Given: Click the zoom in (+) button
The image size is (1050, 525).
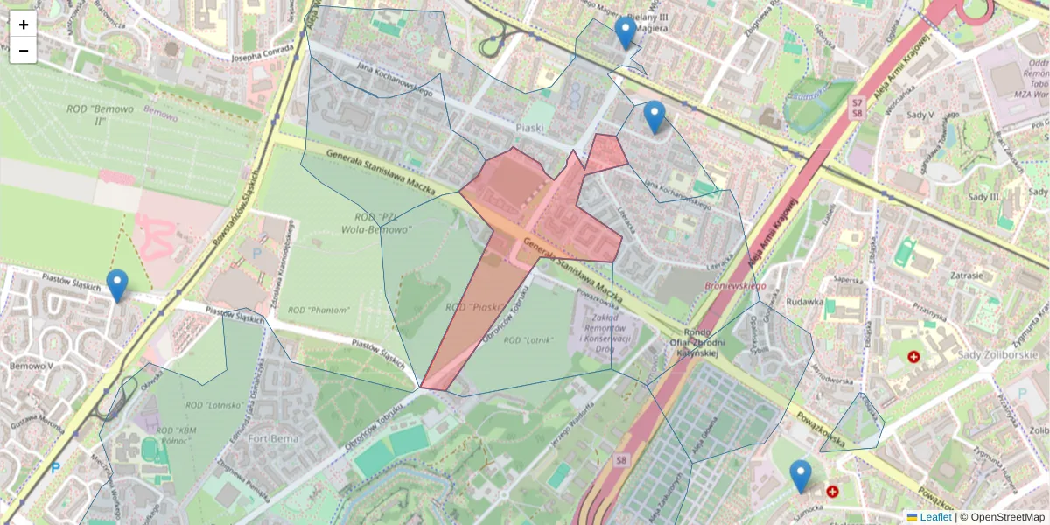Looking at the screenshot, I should coord(24,24).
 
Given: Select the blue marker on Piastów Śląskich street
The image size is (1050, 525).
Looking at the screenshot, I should coord(117,285).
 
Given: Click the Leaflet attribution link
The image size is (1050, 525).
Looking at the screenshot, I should coord(930,517).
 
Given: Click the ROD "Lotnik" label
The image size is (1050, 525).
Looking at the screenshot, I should coord(528,340).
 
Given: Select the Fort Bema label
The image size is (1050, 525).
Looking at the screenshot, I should coord(274,437).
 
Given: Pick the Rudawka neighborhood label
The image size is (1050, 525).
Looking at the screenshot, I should coord(806,302).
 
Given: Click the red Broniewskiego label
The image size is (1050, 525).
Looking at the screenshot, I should coord(736,286).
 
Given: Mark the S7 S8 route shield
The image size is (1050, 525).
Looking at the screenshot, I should coord(857,107).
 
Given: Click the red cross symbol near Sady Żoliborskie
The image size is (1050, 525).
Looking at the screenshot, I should coord(914,357).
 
